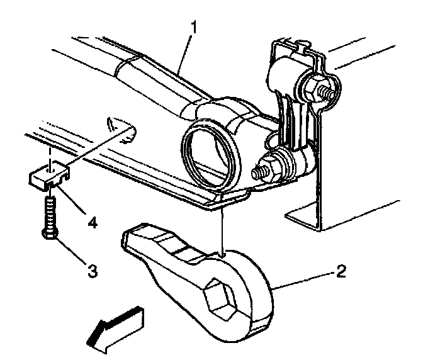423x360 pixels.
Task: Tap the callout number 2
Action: (x=341, y=272)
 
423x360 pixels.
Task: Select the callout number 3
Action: (x=92, y=271)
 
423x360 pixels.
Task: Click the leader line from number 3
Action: (x=70, y=252)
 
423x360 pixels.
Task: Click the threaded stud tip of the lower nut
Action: (x=258, y=172)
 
